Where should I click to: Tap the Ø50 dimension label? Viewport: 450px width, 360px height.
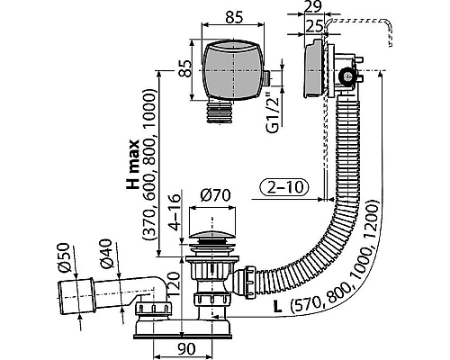click(x=65, y=257)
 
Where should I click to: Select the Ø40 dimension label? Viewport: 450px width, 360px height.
click(x=107, y=254)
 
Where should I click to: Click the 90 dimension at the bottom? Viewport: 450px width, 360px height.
click(x=186, y=349)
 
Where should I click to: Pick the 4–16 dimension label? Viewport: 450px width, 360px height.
click(x=175, y=212)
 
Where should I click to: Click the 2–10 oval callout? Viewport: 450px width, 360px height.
click(x=283, y=187)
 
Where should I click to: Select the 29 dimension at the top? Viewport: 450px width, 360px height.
click(x=314, y=6)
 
